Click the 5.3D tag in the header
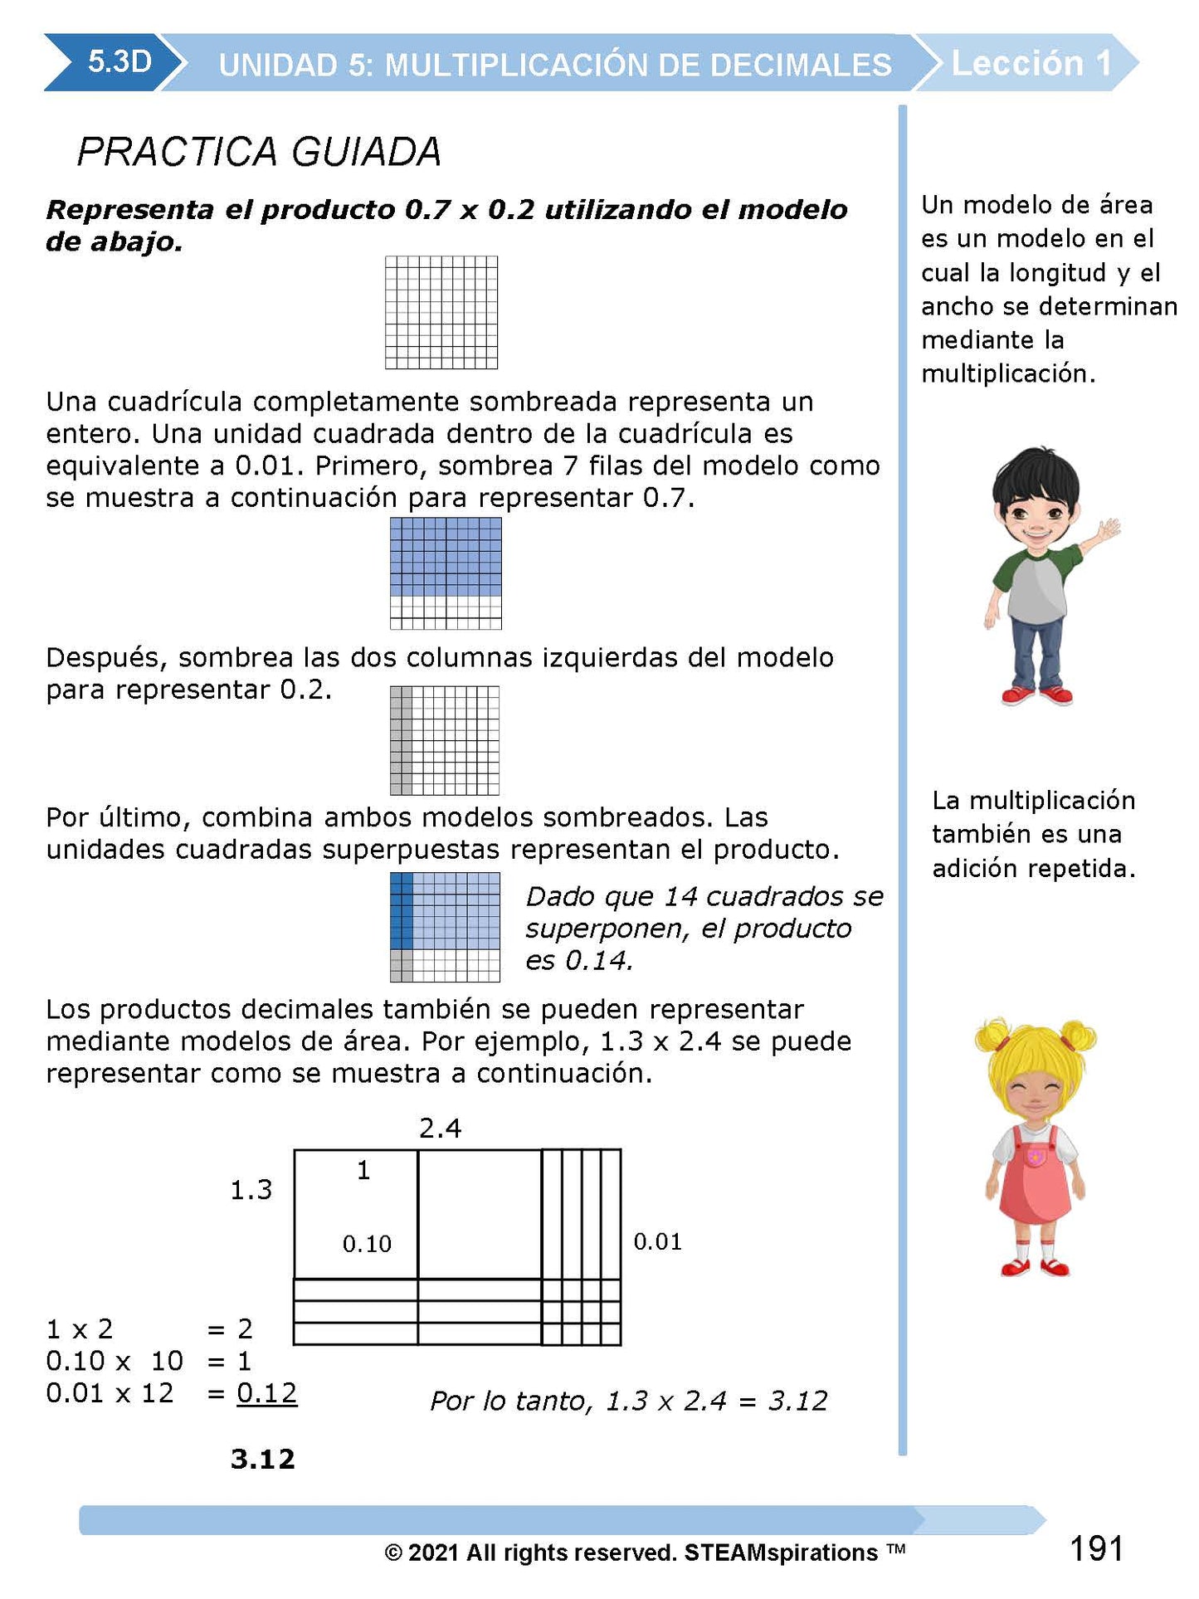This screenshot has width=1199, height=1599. coord(119,62)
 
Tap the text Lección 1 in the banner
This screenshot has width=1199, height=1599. coord(1030,63)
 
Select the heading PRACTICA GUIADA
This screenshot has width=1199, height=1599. coord(258,152)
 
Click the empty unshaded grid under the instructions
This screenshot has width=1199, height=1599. coord(441,312)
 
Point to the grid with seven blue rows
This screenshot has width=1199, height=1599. coord(446,573)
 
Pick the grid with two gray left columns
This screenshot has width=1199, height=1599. coord(445,740)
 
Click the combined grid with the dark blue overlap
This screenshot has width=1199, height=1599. coord(445,927)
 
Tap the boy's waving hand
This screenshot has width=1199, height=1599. coord(1107,529)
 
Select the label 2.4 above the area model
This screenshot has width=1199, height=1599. coord(440,1129)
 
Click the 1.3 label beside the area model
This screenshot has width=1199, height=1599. coord(251,1190)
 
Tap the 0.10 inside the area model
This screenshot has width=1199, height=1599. coord(367,1244)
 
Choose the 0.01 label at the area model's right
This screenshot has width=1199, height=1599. coord(657,1241)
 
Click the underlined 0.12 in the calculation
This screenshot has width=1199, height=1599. coord(266,1392)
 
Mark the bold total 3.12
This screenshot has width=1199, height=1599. coord(262,1458)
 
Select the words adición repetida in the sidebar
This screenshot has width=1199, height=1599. coord(1033,868)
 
